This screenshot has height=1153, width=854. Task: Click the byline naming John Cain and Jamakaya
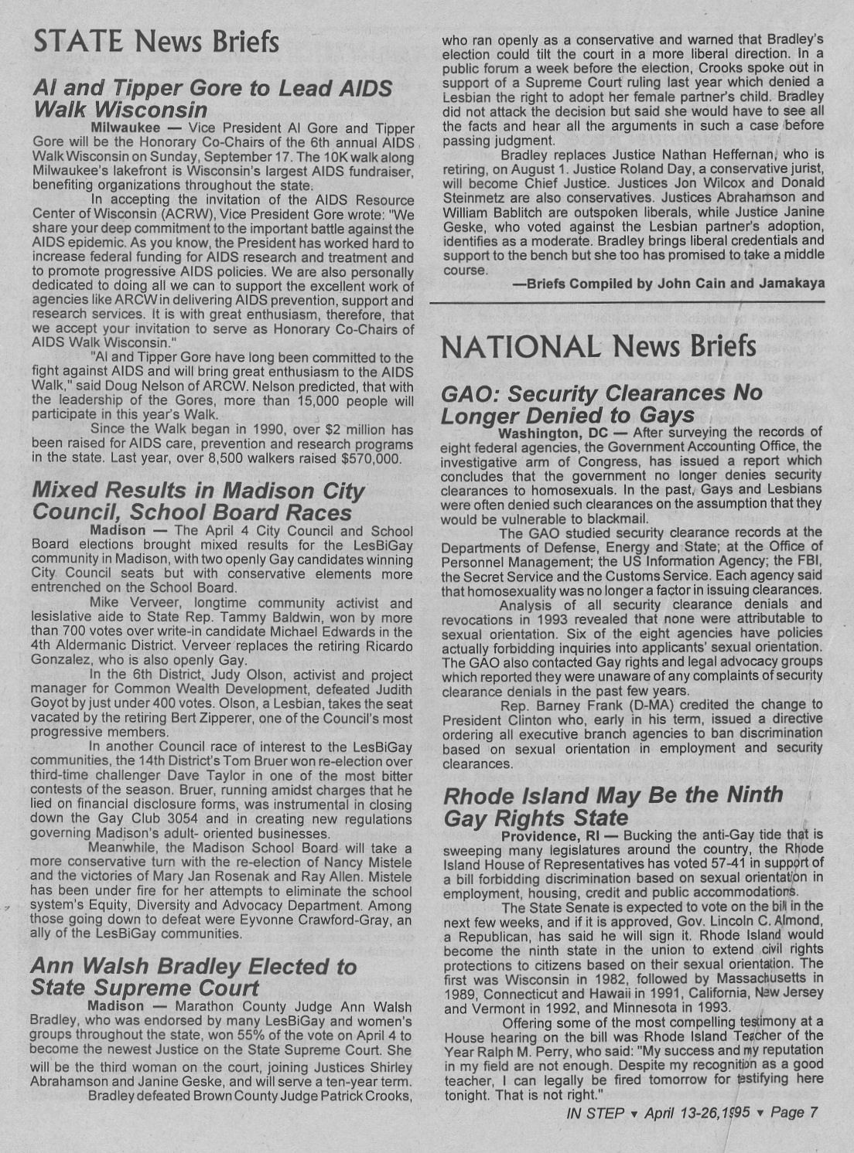tap(669, 284)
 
